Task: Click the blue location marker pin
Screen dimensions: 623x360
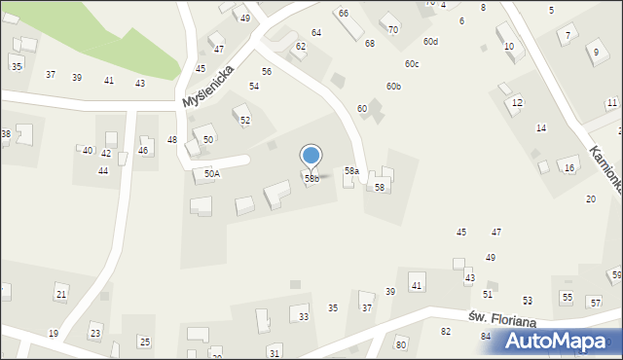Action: (311, 157)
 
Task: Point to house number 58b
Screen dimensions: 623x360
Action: (311, 178)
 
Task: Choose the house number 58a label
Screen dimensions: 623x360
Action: (351, 170)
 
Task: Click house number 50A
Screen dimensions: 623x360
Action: (211, 173)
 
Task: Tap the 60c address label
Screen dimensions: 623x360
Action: (413, 63)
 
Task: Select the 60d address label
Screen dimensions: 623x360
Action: (430, 41)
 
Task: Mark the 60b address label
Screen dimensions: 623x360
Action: (393, 86)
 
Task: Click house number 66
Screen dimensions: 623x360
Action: (344, 13)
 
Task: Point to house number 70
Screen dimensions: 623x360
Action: (393, 29)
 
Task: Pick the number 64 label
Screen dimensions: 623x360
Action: (316, 33)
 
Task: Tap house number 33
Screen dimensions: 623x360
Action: (304, 316)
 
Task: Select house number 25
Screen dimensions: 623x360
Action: (145, 342)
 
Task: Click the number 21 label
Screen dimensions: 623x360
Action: (61, 294)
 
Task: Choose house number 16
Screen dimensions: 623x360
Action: (569, 168)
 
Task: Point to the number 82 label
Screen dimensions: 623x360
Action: (446, 332)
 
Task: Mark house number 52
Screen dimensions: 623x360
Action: (245, 120)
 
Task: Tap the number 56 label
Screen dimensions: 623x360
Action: (267, 72)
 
